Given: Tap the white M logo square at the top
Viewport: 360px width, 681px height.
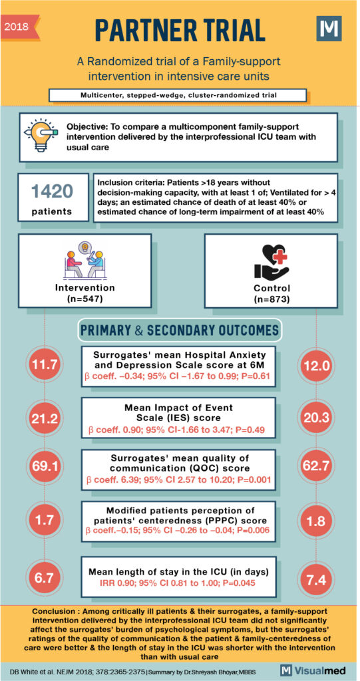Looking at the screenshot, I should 328,30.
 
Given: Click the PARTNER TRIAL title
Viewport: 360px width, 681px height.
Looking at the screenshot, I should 180,30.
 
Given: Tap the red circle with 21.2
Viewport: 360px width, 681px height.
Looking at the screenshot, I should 43,418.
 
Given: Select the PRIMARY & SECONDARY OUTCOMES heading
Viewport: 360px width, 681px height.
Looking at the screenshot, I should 180,330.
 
